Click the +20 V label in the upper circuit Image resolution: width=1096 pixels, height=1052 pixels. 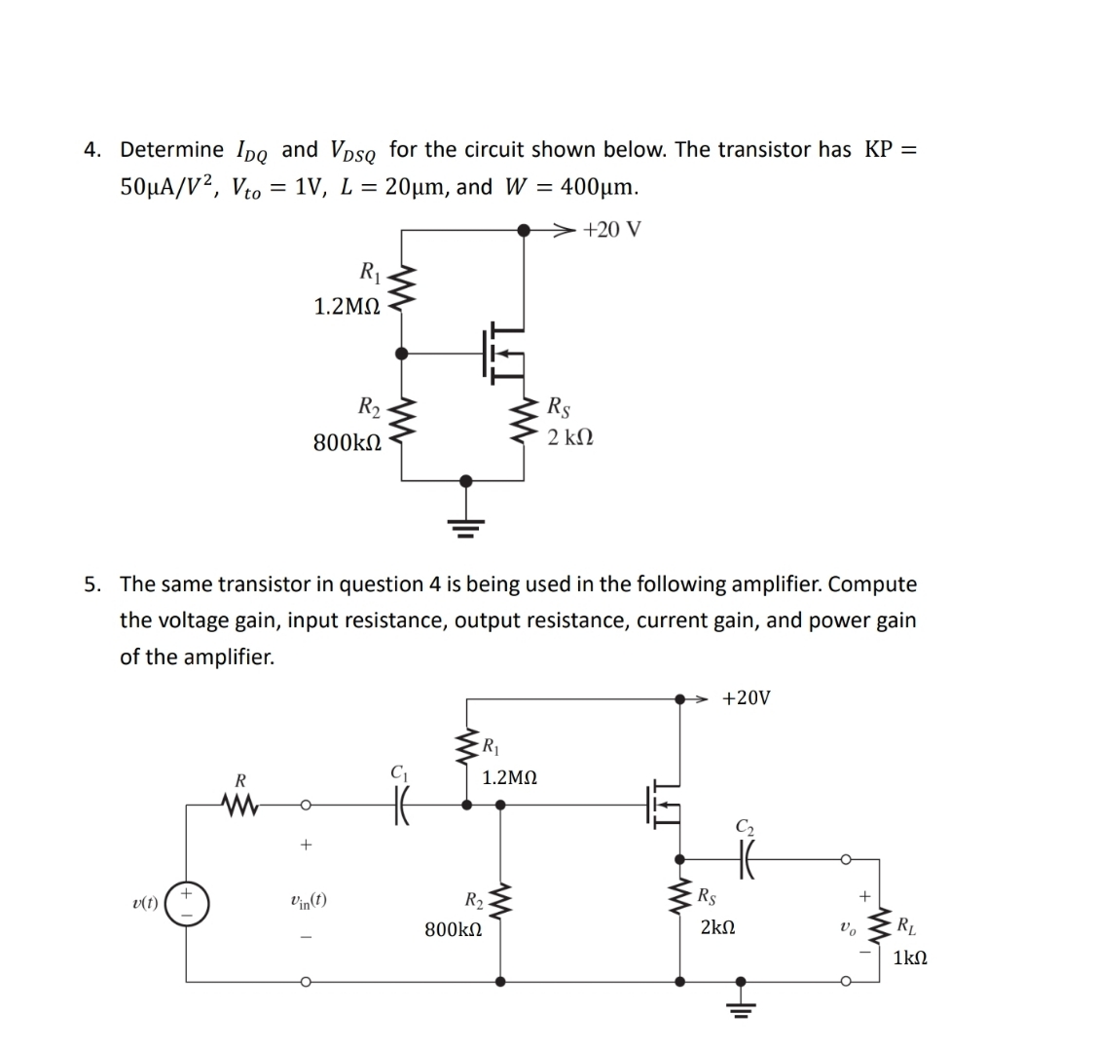(x=612, y=230)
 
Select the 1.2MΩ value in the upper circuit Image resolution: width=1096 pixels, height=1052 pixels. (x=347, y=307)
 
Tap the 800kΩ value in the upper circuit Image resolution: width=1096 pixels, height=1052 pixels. (x=346, y=442)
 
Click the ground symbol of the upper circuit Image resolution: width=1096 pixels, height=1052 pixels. (x=466, y=527)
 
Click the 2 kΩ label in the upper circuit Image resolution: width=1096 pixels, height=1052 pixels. (x=570, y=438)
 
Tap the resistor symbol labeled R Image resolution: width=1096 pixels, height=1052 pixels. (x=239, y=806)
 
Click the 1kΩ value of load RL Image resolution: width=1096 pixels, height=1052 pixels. (x=909, y=958)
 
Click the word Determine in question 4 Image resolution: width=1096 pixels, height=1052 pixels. (x=171, y=149)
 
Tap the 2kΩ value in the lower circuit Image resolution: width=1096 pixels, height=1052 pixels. (x=718, y=928)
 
